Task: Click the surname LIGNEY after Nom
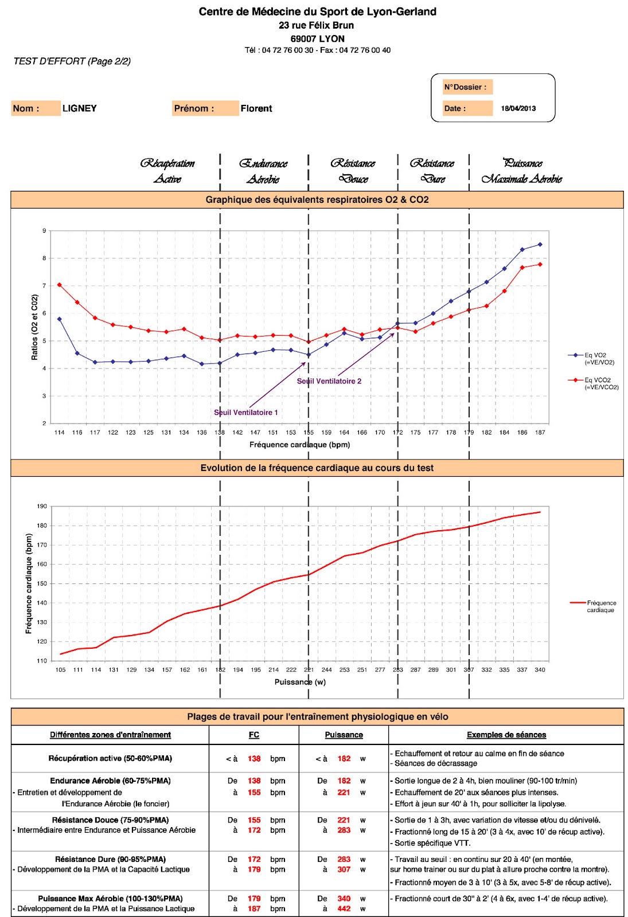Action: pyautogui.click(x=79, y=108)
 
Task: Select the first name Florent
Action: pyautogui.click(x=256, y=108)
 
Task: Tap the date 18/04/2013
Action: pyautogui.click(x=518, y=108)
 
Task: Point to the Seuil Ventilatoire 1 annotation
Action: pyautogui.click(x=245, y=413)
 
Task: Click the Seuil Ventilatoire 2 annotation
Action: pyautogui.click(x=329, y=381)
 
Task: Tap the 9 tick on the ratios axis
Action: pyautogui.click(x=44, y=231)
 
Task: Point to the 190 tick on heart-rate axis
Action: pyautogui.click(x=42, y=506)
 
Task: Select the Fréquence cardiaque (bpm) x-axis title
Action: pyautogui.click(x=299, y=445)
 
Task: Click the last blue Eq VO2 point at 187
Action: pyautogui.click(x=540, y=245)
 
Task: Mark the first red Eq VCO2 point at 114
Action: pyautogui.click(x=60, y=285)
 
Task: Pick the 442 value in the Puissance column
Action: pyautogui.click(x=344, y=908)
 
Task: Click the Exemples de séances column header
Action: pyautogui.click(x=506, y=735)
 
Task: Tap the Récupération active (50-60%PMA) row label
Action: pyautogui.click(x=110, y=758)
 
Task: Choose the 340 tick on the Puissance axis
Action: pyautogui.click(x=540, y=670)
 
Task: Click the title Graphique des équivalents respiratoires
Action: pyautogui.click(x=317, y=199)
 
